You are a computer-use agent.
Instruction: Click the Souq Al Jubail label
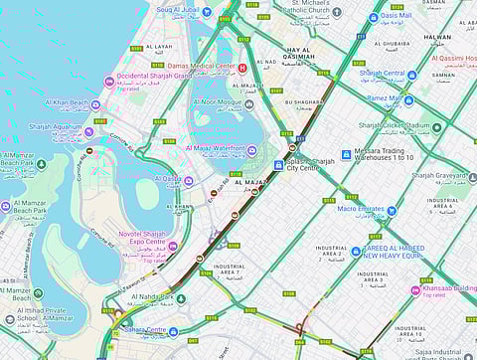pyautogui.click(x=178, y=11)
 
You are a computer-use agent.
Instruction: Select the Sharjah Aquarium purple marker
pyautogui.click(x=89, y=130)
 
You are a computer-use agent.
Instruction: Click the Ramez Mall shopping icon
pyautogui.click(x=408, y=99)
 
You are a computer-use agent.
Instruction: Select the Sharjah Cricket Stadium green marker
pyautogui.click(x=437, y=127)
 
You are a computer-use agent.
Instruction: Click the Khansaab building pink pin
pyautogui.click(x=415, y=290)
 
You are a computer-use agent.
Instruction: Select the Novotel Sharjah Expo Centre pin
pyautogui.click(x=172, y=246)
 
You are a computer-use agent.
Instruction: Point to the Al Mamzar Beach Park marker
pyautogui.click(x=6, y=207)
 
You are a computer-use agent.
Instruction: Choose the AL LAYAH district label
pyautogui.click(x=158, y=47)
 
